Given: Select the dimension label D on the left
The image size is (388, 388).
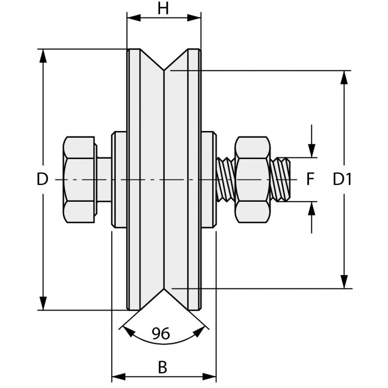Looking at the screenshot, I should [x=43, y=180].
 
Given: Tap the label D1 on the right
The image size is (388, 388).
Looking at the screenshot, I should [x=342, y=180].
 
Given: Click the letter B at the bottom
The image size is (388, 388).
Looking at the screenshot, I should [x=163, y=368].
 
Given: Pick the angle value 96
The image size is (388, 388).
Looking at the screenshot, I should [x=161, y=334].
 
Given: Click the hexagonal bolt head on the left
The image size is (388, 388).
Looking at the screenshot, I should [x=80, y=180].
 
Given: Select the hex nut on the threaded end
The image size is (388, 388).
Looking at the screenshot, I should [x=252, y=180].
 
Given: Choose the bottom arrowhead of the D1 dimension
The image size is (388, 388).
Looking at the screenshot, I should [x=344, y=282].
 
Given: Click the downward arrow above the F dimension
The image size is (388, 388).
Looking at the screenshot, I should [x=311, y=150].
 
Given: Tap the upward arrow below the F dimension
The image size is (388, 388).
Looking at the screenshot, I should [x=311, y=209].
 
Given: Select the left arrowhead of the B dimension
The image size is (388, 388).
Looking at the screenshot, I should [x=119, y=377].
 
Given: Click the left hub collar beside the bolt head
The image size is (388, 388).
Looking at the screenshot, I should [x=118, y=180].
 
